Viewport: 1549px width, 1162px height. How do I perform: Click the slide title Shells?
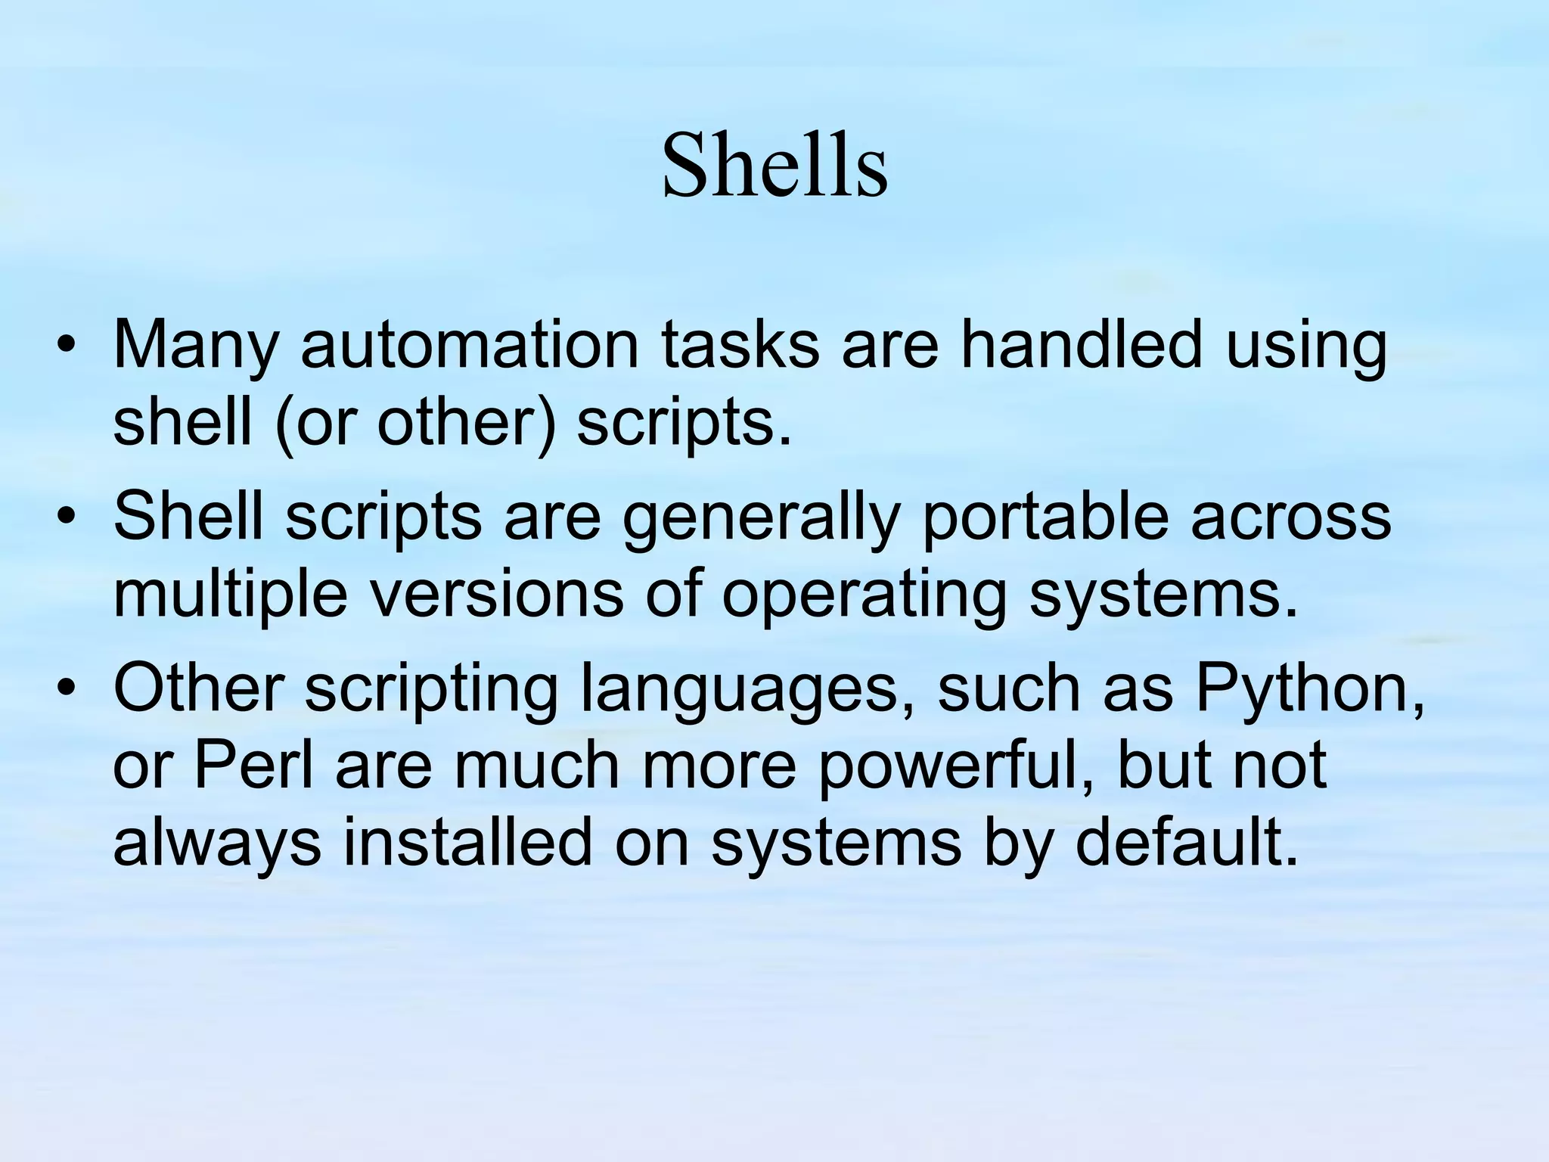click(774, 166)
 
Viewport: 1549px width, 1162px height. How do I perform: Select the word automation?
click(470, 346)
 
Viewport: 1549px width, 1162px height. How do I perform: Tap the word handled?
click(1081, 346)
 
